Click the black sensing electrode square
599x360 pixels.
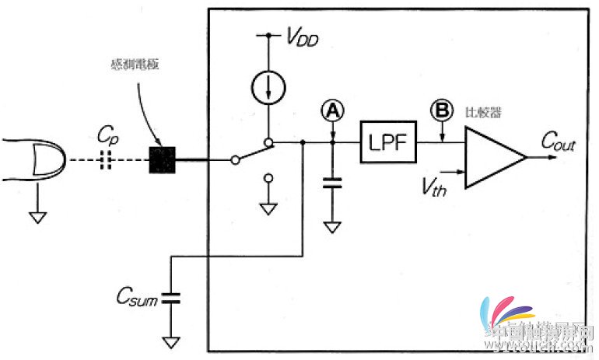click(x=162, y=160)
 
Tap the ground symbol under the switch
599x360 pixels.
click(x=268, y=208)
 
